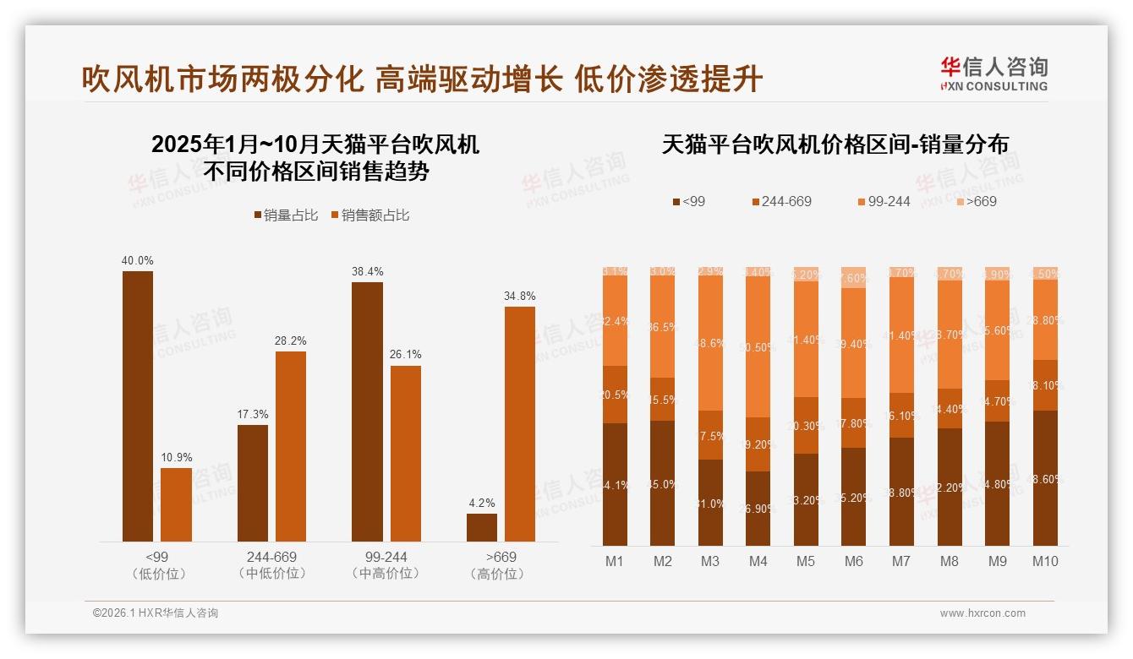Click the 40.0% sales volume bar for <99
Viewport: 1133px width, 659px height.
[138, 406]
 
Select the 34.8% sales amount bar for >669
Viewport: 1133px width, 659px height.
[520, 423]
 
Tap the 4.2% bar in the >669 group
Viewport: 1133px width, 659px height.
[482, 527]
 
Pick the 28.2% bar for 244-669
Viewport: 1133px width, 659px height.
[291, 446]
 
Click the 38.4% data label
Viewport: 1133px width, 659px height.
[367, 272]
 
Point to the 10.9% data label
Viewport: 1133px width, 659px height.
[176, 458]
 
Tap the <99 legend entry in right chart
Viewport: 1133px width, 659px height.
[688, 201]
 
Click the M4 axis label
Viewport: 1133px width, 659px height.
[758, 561]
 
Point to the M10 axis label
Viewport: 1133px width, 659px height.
[1045, 561]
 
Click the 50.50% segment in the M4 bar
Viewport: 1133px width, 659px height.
[758, 347]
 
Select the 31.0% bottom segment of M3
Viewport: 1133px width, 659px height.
[710, 503]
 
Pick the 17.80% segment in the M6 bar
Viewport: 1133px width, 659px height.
[854, 422]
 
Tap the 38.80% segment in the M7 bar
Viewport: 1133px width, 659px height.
[902, 492]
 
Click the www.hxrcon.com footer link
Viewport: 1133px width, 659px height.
[982, 613]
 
